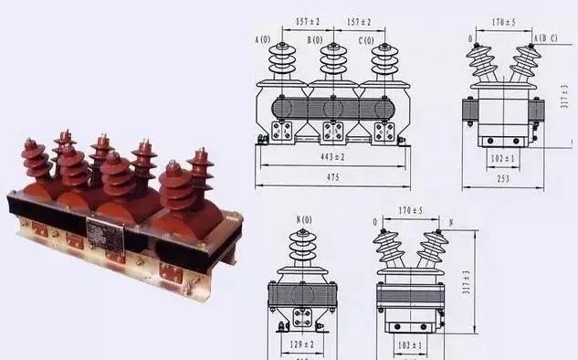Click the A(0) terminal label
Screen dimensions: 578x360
tap(265, 39)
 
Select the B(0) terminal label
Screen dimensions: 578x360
tap(315, 39)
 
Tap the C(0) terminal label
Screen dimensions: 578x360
tap(366, 39)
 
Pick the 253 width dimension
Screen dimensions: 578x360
tap(502, 179)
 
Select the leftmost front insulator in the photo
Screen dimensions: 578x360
tap(37, 162)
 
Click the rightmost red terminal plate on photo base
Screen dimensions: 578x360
tap(171, 271)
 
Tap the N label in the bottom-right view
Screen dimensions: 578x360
tap(450, 222)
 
